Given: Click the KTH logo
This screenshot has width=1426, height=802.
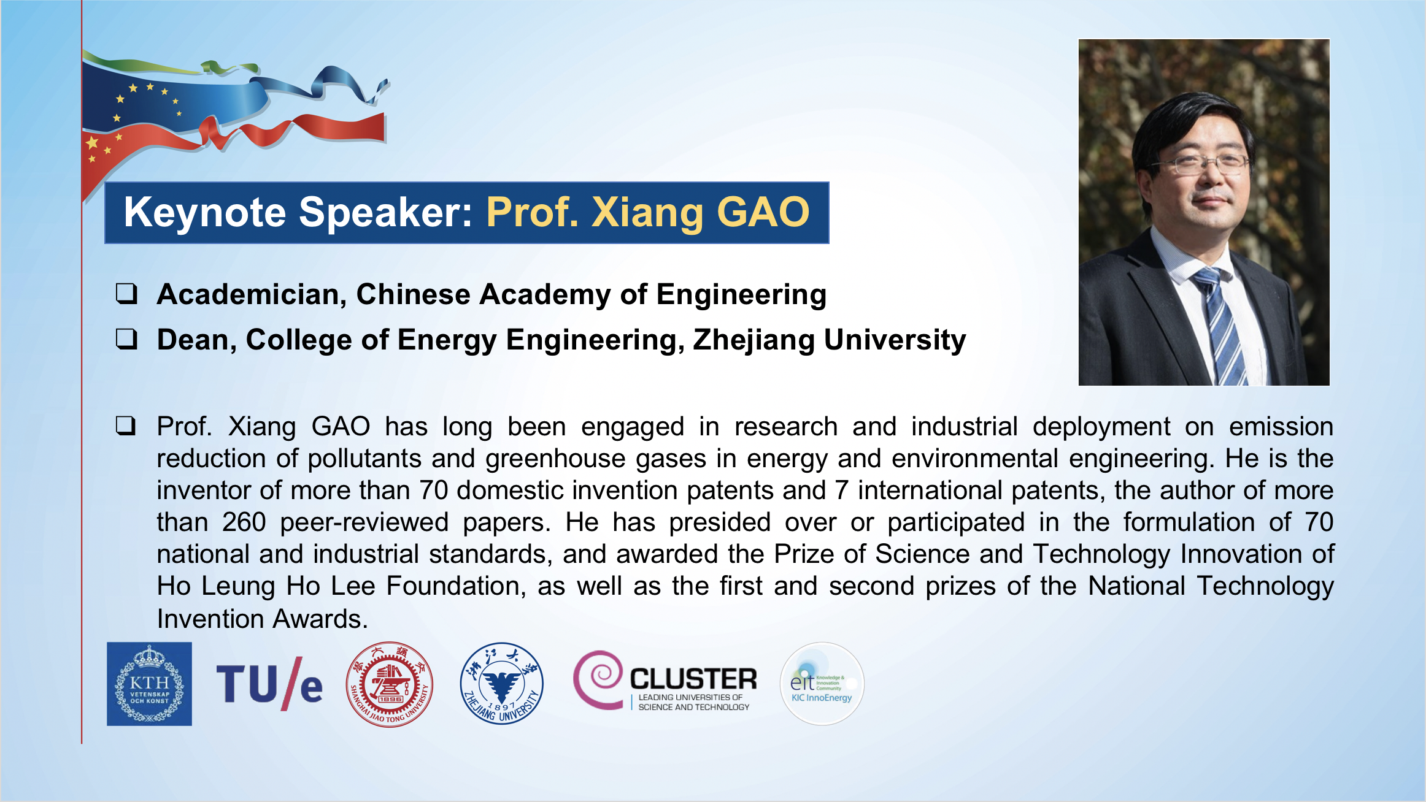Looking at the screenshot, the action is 149,684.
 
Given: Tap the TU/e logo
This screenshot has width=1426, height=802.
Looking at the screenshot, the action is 269,684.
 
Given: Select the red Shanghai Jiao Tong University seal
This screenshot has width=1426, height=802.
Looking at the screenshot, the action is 389,684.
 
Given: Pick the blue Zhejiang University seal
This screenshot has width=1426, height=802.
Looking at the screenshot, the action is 502,684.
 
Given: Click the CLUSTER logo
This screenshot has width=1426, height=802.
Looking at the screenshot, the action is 665,682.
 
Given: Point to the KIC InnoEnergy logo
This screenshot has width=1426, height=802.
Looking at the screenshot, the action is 822,684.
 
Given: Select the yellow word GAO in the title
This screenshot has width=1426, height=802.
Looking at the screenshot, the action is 763,212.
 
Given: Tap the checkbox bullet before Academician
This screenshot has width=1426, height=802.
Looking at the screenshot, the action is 126,294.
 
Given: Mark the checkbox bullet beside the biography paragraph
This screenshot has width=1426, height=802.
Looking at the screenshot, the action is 126,426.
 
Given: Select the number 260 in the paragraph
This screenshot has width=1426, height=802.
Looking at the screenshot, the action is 244,522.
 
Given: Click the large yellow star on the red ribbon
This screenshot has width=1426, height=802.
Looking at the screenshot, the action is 92,143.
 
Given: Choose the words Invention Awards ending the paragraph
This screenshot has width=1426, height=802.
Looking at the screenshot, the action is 262,619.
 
